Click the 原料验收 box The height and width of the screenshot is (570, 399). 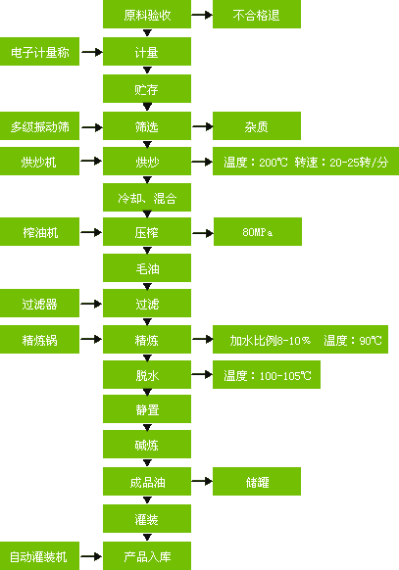147,14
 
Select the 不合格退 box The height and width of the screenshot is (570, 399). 257,14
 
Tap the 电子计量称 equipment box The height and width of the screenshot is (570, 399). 39,51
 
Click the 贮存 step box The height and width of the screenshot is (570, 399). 147,89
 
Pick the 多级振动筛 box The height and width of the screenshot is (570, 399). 39,125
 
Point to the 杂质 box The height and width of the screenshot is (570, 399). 257,125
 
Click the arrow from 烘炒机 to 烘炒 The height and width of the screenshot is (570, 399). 91,161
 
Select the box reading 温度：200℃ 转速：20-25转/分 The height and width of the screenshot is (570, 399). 306,161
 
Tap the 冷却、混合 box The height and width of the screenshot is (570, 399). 147,198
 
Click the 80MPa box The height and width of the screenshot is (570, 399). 258,231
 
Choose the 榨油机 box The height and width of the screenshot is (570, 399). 39,231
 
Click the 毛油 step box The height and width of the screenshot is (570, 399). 147,268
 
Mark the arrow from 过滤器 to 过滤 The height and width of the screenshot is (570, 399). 91,304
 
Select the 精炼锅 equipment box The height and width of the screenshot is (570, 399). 39,339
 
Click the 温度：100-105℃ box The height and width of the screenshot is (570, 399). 267,374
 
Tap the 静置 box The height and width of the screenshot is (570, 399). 147,409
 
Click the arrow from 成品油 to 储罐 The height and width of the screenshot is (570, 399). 202,481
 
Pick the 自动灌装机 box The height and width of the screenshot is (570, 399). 39,556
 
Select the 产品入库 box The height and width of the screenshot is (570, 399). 147,556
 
